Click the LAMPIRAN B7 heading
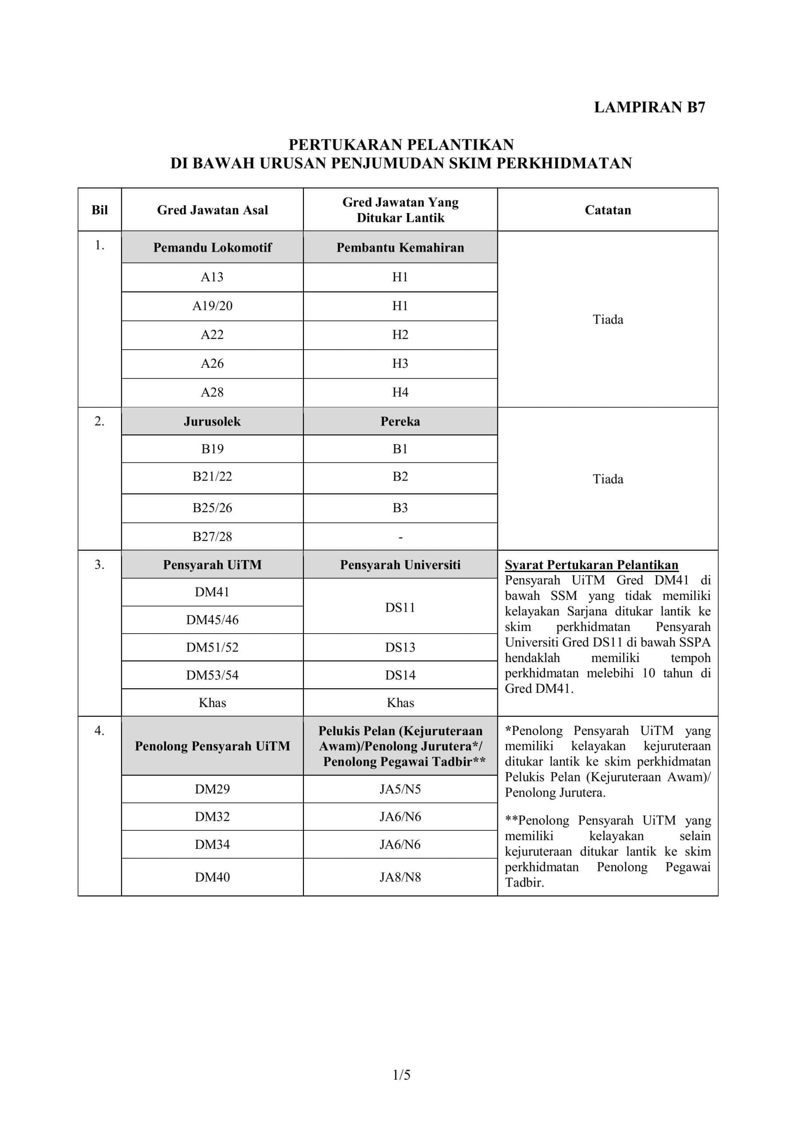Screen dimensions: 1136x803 tap(649, 107)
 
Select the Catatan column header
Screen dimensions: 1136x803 tap(607, 210)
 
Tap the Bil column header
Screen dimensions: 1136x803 tap(99, 210)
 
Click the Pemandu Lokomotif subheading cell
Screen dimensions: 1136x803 tap(212, 247)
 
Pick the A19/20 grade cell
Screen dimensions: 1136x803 tap(212, 306)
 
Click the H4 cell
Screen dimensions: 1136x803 tap(400, 392)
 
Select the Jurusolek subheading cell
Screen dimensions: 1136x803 tap(212, 422)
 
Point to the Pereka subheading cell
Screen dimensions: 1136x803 tap(400, 422)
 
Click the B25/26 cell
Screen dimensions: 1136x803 tap(212, 508)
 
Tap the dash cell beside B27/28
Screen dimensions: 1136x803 tap(400, 537)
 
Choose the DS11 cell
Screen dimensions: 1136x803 tap(400, 607)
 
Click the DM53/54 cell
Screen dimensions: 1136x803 tap(212, 675)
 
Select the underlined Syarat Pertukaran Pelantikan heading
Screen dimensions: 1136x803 tap(591, 565)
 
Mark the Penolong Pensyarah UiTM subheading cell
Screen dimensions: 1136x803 tap(212, 746)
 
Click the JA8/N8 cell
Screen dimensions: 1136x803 tap(400, 877)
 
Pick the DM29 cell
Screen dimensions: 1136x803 tap(212, 789)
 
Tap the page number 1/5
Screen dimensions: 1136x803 tap(401, 1075)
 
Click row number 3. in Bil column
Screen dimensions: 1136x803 tap(99, 564)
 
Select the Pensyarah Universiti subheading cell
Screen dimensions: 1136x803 tap(400, 565)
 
